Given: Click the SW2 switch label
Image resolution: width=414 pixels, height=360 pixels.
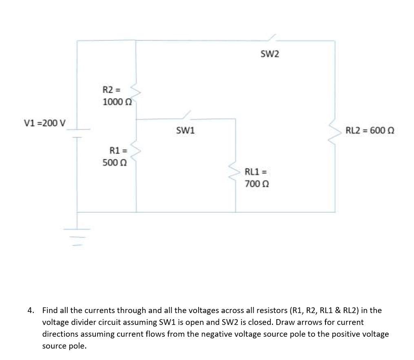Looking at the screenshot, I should (270, 54).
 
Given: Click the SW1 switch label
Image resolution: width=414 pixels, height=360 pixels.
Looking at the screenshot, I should (186, 131).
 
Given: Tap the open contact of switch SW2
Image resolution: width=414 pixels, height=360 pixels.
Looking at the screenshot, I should (272, 38).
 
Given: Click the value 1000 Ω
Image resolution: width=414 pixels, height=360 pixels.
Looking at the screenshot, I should (117, 102).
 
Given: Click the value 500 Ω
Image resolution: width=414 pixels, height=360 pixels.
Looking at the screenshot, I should (115, 162).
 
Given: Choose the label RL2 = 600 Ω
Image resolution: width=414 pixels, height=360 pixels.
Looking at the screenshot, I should (370, 131).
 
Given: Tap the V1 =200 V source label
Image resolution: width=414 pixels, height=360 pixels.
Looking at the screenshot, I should (46, 123).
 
